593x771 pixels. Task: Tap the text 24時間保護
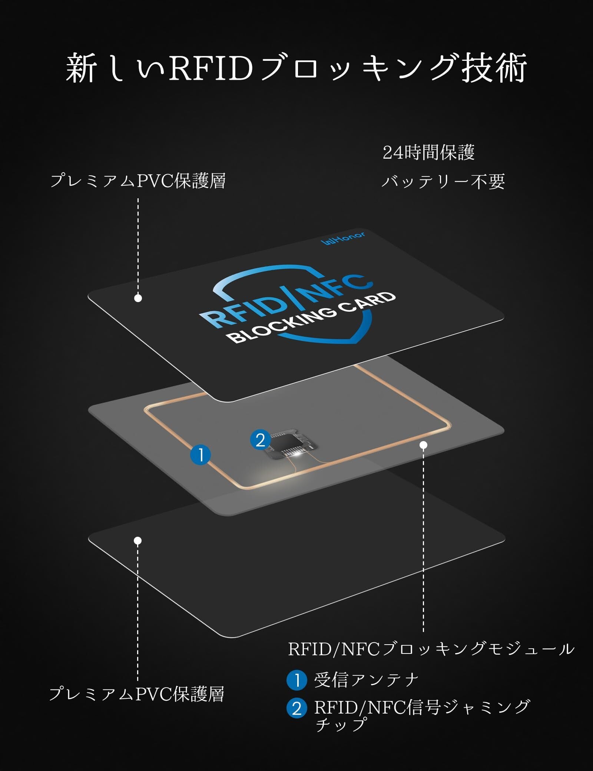coord(428,152)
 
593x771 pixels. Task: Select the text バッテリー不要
coord(443,182)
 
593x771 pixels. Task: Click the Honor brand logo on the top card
coord(343,239)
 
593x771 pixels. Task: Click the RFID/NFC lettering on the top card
coord(285,301)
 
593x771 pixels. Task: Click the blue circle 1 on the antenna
coord(201,455)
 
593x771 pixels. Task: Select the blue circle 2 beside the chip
coord(261,440)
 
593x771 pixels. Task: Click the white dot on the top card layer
coord(138,298)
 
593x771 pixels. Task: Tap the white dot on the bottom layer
coord(138,541)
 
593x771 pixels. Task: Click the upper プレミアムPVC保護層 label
coord(138,181)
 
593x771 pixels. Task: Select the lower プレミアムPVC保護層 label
coord(136,694)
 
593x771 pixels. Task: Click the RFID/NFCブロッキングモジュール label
coord(431,649)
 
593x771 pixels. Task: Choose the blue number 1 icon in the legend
coord(296,681)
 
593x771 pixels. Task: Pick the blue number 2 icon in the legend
coord(296,708)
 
